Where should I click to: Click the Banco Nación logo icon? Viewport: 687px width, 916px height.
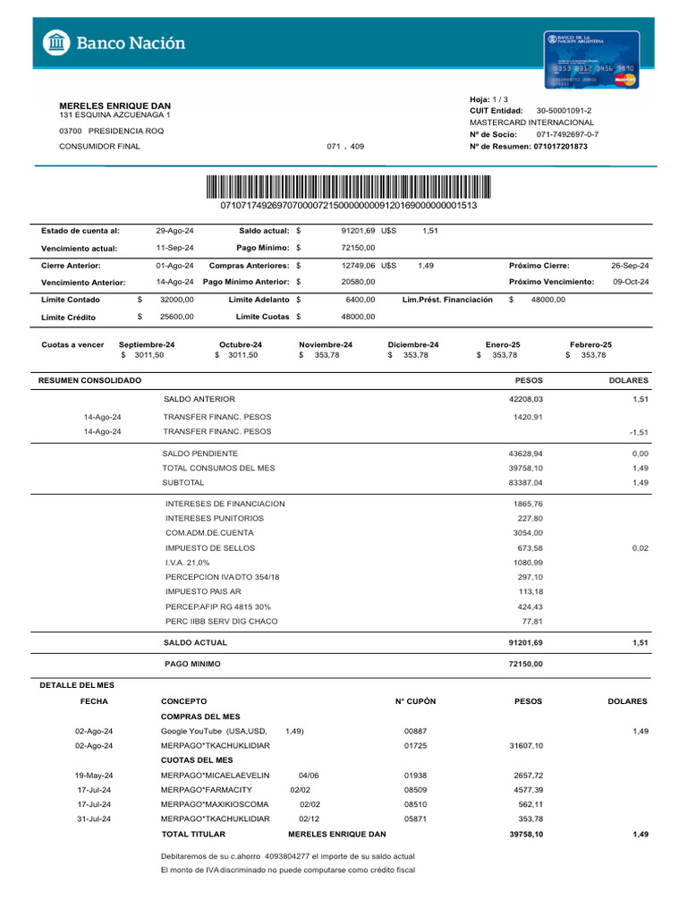tap(56, 42)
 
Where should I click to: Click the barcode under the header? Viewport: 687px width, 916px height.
tap(349, 188)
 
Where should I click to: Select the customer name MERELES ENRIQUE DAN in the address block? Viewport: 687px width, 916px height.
tap(114, 106)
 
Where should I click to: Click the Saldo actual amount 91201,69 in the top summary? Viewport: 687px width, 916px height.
tap(358, 231)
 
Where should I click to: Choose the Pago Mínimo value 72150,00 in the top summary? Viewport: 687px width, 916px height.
tap(358, 248)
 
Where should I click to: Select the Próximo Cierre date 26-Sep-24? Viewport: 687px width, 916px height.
tap(630, 266)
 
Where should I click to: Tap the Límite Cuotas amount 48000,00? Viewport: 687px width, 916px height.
tap(358, 317)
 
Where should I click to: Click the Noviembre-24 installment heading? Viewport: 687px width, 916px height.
tap(326, 344)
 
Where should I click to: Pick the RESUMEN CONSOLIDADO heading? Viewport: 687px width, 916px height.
tap(89, 381)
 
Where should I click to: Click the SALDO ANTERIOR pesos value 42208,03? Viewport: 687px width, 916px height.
tap(526, 399)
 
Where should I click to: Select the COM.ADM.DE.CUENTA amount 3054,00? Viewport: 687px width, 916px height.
tap(528, 533)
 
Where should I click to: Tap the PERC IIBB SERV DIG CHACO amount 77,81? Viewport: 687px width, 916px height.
tap(532, 622)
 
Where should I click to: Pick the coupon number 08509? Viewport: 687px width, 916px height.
tap(415, 790)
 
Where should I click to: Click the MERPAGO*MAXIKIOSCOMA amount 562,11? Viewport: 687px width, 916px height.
tap(530, 804)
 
